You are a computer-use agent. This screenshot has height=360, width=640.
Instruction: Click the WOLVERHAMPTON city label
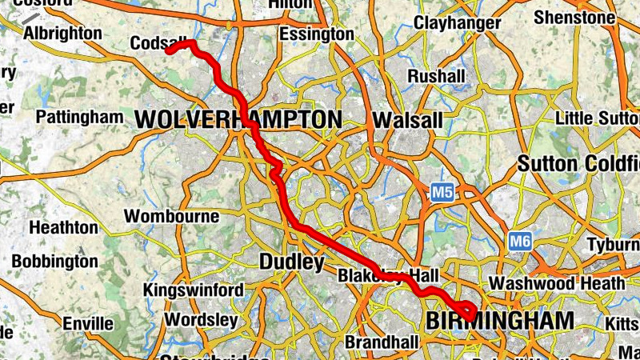point(238,120)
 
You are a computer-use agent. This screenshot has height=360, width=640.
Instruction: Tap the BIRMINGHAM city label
point(499,322)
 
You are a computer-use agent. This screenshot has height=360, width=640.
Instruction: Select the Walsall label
point(407,120)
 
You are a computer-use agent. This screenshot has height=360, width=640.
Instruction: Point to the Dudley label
point(292,262)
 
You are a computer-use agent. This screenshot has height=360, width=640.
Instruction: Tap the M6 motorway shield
point(520,240)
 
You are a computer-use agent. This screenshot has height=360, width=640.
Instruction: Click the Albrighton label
point(62,34)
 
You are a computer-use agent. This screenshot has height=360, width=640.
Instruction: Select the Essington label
point(316,34)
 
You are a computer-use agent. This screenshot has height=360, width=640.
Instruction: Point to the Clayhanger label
point(457,23)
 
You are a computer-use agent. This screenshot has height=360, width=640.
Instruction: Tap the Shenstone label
point(574,17)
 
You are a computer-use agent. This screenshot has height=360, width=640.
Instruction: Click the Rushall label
point(436,76)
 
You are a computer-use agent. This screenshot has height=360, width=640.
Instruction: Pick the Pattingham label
point(80,117)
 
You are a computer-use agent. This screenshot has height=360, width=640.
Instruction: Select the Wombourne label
point(171,216)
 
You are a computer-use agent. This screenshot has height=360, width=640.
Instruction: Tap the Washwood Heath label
point(557,283)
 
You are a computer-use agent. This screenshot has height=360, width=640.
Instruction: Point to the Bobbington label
point(54,262)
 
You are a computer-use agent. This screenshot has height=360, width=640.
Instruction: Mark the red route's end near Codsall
point(170,50)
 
